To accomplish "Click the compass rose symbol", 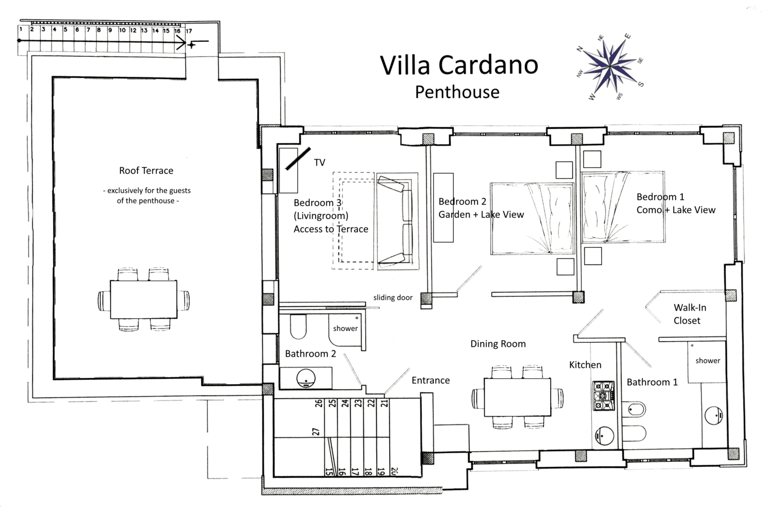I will [x=610, y=65].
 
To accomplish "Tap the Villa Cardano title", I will [x=459, y=65].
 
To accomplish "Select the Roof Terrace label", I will [x=146, y=171].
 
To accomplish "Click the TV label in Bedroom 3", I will [x=319, y=163].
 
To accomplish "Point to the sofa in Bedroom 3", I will [x=397, y=220].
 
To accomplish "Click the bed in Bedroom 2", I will [x=533, y=218].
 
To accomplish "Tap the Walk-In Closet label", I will [x=689, y=314].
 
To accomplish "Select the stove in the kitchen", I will [x=603, y=396].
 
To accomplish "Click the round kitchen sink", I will [x=604, y=436].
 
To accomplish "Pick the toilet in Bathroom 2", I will [x=298, y=327].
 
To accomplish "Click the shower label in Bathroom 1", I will [x=708, y=360].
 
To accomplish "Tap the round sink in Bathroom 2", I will [x=306, y=378].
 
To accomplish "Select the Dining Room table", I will [x=517, y=397].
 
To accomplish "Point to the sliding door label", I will [x=393, y=298].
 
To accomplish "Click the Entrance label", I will [x=431, y=380].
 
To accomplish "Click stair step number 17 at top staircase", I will [x=188, y=31].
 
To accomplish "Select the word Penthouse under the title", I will [x=457, y=92].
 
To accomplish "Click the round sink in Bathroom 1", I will [x=713, y=415].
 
